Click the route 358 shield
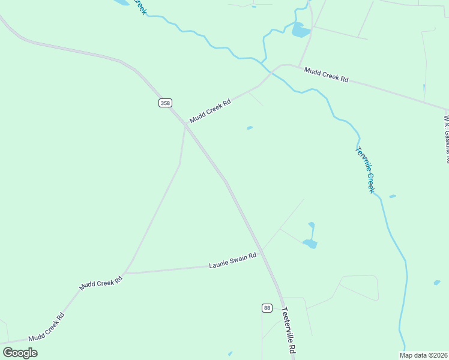pos(165,103)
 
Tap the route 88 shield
pos(267,308)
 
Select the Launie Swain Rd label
pos(233,260)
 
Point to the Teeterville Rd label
pos(289,330)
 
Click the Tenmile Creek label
pos(365,170)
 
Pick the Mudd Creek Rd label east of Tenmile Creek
pos(326,74)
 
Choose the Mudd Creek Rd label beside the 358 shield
pos(210,111)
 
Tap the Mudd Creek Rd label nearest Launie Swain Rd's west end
pos(101,283)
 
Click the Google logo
pos(20,353)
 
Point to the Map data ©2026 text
pos(423,355)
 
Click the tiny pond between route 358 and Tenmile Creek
pos(249,128)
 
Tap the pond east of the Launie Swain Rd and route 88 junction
pos(310,243)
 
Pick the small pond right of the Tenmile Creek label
pos(392,196)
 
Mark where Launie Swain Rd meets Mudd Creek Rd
pos(127,272)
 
